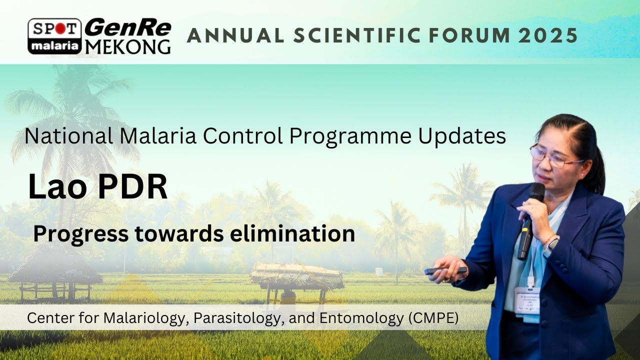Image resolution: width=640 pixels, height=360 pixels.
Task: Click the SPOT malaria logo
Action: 54,36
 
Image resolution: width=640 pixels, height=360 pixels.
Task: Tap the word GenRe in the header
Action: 127,28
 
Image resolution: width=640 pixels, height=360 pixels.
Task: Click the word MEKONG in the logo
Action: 127,46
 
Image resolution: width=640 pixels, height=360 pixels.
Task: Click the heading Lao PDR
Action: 97,187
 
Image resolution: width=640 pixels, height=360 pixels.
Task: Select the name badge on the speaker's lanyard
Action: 528,300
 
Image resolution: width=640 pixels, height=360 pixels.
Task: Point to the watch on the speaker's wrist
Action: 553,243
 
